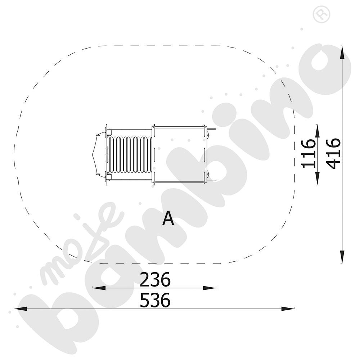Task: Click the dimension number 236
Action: [155, 279]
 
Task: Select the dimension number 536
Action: [155, 300]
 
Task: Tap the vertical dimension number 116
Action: [309, 154]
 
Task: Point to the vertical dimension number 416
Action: [333, 154]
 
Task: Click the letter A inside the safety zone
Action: [168, 219]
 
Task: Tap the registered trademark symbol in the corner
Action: [321, 14]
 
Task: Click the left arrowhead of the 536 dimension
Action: [21, 309]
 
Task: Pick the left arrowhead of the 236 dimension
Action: [99, 288]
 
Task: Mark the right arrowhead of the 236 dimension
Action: [210, 288]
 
